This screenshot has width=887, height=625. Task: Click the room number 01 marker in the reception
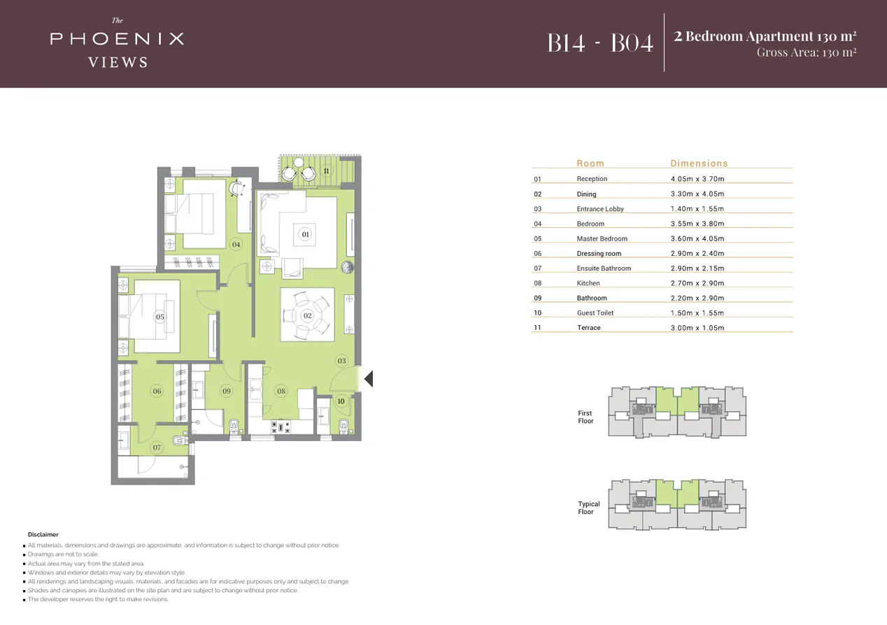pyautogui.click(x=305, y=234)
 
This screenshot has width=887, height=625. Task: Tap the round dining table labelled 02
pyautogui.click(x=307, y=315)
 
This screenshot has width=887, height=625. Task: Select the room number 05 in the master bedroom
pyautogui.click(x=160, y=317)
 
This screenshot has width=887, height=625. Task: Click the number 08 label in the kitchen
pyautogui.click(x=281, y=391)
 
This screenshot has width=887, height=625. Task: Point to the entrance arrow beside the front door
pyautogui.click(x=369, y=379)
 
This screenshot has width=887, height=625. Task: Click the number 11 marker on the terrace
pyautogui.click(x=326, y=171)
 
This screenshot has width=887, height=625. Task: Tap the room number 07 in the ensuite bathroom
pyautogui.click(x=157, y=447)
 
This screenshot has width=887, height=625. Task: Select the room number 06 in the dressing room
pyautogui.click(x=157, y=391)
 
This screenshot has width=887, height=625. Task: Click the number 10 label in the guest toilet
pyautogui.click(x=341, y=401)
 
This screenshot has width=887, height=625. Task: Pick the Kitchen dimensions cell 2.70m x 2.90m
pyautogui.click(x=697, y=283)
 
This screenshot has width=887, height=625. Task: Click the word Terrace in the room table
pyautogui.click(x=588, y=328)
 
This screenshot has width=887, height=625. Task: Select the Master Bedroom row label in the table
pyautogui.click(x=602, y=238)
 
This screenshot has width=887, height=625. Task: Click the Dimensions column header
pyautogui.click(x=699, y=164)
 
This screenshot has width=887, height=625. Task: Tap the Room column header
pyautogui.click(x=590, y=164)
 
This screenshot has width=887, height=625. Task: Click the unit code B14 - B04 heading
pyautogui.click(x=599, y=43)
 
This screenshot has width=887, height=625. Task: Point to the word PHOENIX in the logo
pyautogui.click(x=117, y=38)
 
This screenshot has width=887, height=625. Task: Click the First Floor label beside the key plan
pyautogui.click(x=586, y=417)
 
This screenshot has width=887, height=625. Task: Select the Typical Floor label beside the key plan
pyautogui.click(x=588, y=508)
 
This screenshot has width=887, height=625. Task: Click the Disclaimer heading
pyautogui.click(x=43, y=535)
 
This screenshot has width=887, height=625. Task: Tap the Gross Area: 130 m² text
pyautogui.click(x=807, y=52)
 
